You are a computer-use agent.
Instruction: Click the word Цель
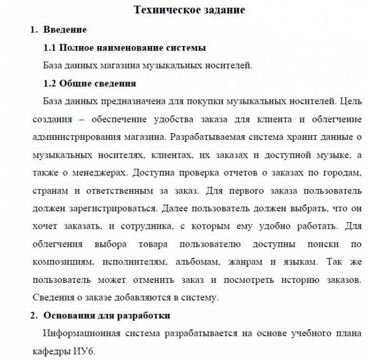click(350, 102)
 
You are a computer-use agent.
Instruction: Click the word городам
click(341, 173)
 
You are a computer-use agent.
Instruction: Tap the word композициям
click(66, 261)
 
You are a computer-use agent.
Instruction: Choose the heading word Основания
click(67, 316)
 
